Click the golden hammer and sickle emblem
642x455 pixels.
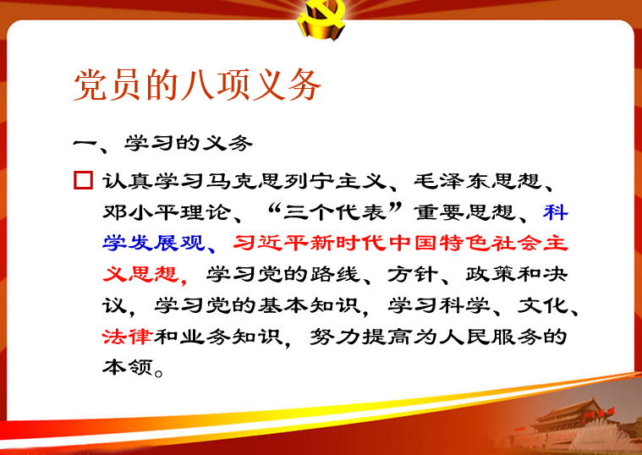click(321, 19)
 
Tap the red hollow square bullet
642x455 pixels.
click(84, 180)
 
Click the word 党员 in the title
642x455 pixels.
click(108, 85)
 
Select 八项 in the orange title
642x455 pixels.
click(214, 85)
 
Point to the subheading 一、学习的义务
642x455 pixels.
click(163, 143)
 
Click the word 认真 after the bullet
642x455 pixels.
click(128, 181)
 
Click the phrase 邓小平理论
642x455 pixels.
click(167, 211)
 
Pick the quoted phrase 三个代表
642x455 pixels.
click(334, 211)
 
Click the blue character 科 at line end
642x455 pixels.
click(556, 211)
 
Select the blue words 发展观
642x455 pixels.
click(167, 243)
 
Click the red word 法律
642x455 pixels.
click(128, 337)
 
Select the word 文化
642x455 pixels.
click(542, 305)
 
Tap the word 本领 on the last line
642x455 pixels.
click(128, 367)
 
